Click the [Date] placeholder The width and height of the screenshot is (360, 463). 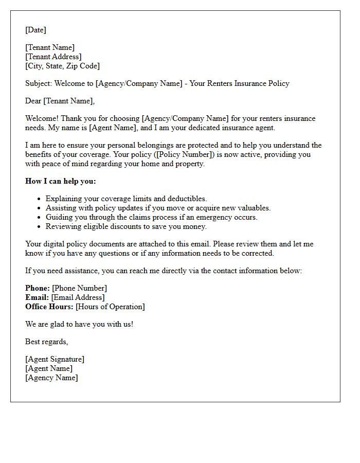coord(35,30)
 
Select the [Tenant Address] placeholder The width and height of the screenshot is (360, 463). coord(53,57)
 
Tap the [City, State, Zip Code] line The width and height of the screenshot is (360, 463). coord(62,66)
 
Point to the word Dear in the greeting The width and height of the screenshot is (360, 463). coord(33,101)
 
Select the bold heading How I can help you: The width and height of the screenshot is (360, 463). coord(60,181)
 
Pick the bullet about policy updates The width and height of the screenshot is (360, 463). coord(158,208)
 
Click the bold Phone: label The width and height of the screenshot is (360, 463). coord(38,288)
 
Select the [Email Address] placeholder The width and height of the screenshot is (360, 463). coord(78,297)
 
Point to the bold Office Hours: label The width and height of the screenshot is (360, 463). coord(49,307)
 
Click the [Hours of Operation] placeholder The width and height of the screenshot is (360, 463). coord(110,307)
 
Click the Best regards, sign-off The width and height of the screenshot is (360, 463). coord(46,342)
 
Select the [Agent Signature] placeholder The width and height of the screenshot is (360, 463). coord(55,359)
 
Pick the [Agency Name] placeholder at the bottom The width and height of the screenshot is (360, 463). coord(51,378)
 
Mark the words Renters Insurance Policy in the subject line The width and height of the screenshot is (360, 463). coord(245,83)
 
